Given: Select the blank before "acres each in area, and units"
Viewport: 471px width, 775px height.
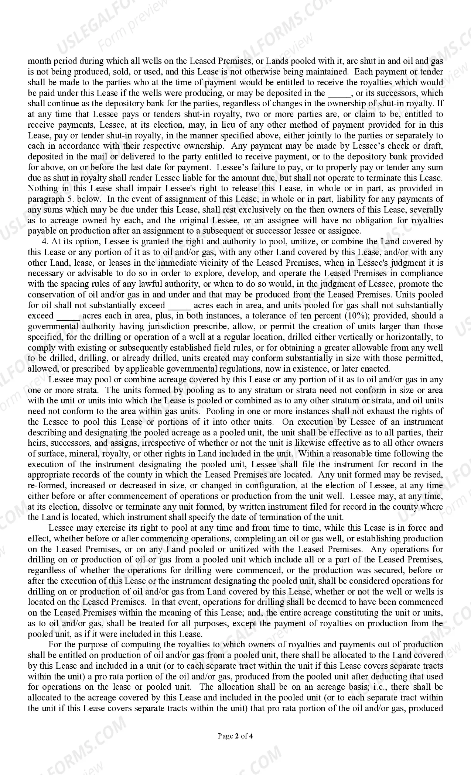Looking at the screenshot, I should click(x=179, y=306).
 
